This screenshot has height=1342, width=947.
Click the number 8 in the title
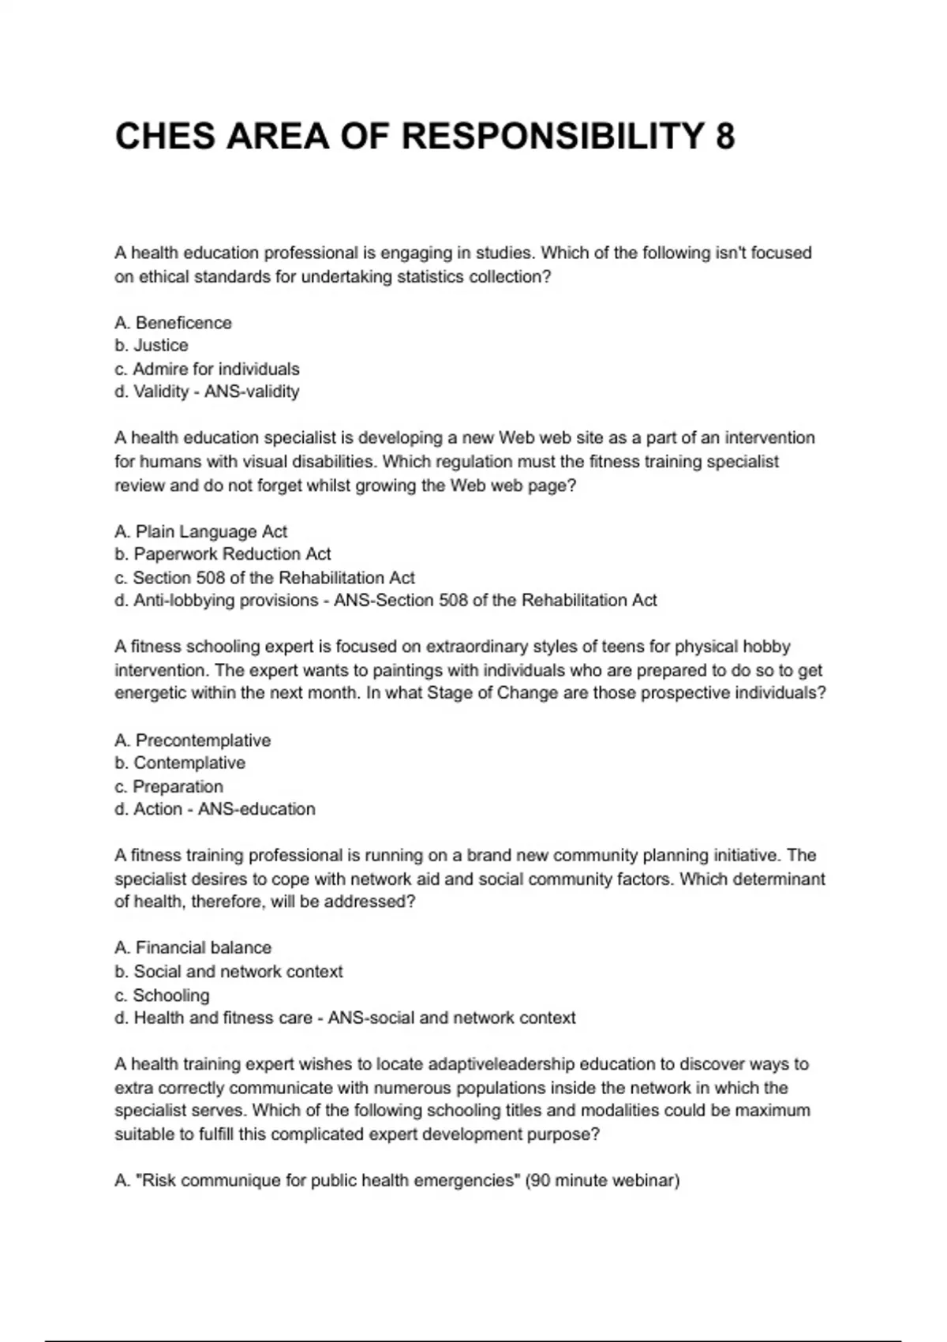pos(724,137)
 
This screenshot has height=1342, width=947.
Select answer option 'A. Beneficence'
pos(173,323)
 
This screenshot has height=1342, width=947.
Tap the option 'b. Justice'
pos(151,345)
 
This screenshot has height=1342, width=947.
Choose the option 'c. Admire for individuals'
pos(207,369)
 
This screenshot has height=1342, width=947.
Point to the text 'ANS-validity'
pos(252,392)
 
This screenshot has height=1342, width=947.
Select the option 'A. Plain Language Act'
pos(200,531)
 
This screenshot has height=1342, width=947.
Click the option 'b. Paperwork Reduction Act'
pos(223,554)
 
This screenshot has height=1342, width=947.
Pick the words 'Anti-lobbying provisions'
pos(226,601)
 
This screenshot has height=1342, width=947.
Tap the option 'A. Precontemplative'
pos(192,740)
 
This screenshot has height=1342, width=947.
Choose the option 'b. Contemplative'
pos(180,763)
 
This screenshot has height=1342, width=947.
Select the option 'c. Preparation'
pos(169,786)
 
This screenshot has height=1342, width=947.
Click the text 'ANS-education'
pos(256,809)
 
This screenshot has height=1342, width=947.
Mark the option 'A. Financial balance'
pos(193,947)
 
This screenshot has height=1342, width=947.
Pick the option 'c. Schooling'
pos(162,995)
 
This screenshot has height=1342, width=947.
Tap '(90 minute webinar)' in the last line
pos(602,1181)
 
